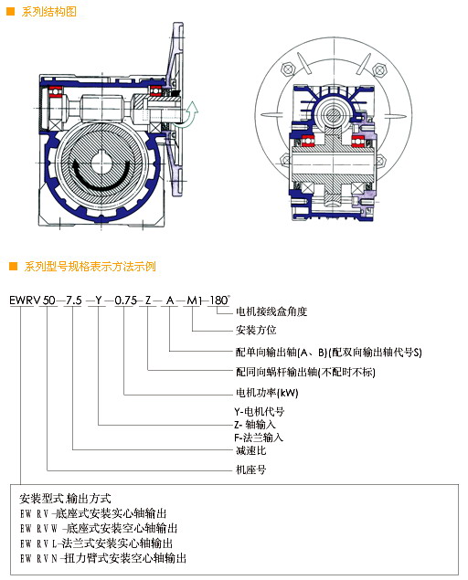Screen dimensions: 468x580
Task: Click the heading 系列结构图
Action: click(x=48, y=12)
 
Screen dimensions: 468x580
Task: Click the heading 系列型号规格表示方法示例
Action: click(x=90, y=267)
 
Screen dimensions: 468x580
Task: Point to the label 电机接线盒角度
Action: click(x=271, y=311)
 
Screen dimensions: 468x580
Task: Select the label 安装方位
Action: click(x=256, y=330)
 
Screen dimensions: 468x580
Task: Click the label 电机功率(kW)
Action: click(x=267, y=393)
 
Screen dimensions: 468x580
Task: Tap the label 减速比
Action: click(x=251, y=450)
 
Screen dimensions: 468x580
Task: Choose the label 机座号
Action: click(x=251, y=469)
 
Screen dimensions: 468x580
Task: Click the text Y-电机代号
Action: click(x=260, y=411)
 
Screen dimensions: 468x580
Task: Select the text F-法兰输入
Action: click(x=259, y=438)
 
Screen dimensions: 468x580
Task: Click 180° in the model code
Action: click(x=219, y=300)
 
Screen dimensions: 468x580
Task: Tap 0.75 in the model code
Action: click(x=126, y=300)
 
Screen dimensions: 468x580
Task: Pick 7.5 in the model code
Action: click(x=74, y=300)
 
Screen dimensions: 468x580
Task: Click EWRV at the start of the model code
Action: click(x=25, y=300)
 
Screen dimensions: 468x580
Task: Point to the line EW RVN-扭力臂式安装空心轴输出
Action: click(x=103, y=558)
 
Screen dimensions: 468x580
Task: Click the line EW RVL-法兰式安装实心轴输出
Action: click(x=96, y=543)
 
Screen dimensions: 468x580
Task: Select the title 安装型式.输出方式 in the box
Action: click(x=65, y=499)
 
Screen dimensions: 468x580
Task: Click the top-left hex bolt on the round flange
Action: click(x=287, y=69)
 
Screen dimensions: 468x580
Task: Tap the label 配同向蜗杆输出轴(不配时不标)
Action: click(x=305, y=372)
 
